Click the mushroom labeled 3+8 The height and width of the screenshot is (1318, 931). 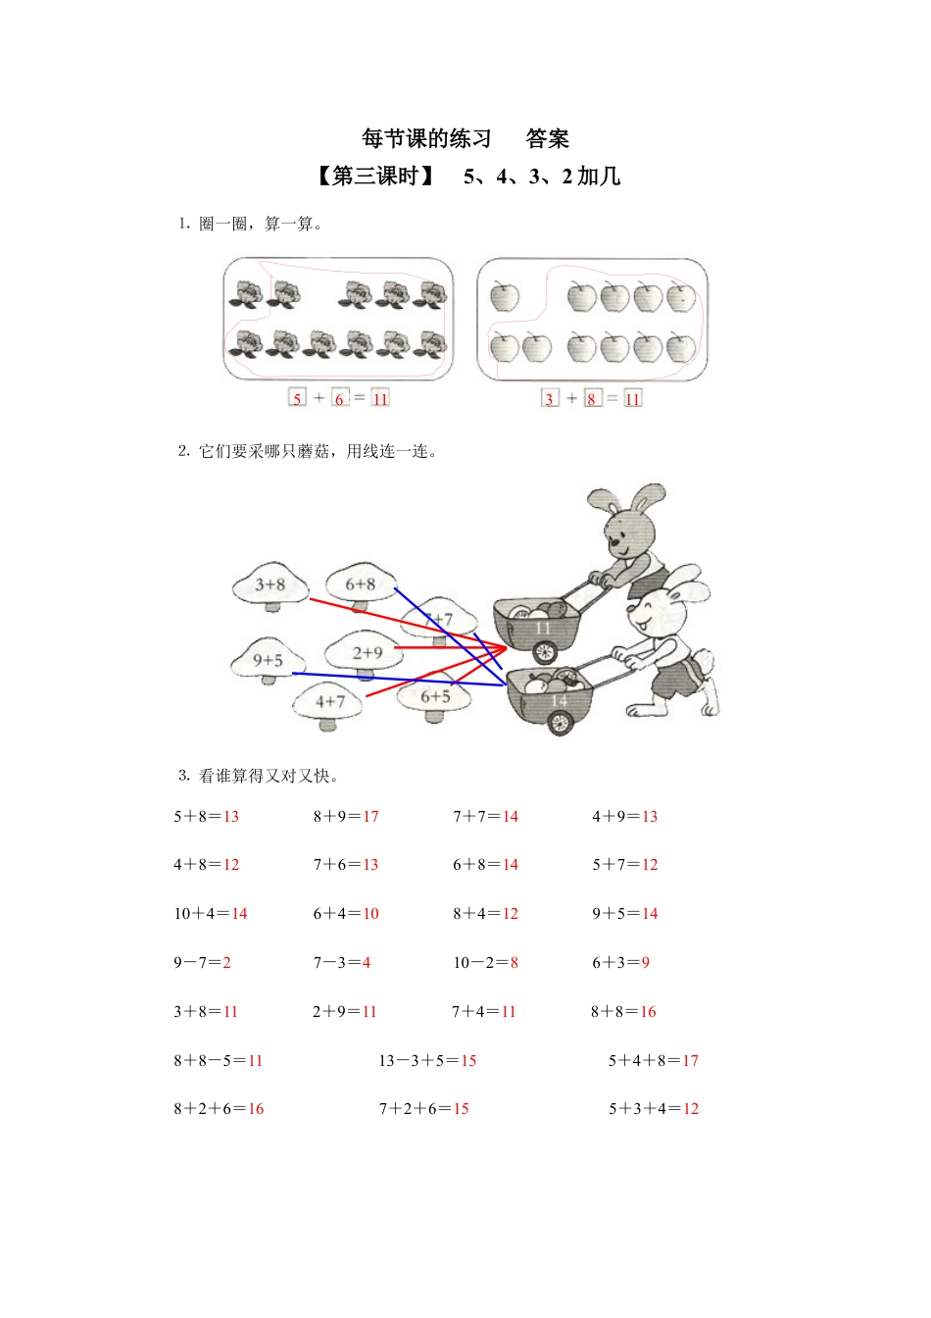(269, 585)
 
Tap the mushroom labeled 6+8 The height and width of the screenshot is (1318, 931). (361, 584)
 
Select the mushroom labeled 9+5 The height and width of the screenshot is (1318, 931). (268, 661)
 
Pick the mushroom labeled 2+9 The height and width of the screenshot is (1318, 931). (367, 653)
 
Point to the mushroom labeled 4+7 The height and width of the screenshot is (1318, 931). (330, 702)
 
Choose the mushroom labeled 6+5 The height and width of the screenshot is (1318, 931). (435, 697)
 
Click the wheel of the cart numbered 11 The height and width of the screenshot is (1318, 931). (544, 650)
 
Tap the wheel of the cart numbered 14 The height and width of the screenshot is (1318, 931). (559, 723)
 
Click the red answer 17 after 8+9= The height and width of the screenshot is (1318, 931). (370, 816)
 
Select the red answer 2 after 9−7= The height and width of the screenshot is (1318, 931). (226, 963)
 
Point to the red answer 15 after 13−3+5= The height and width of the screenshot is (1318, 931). (468, 1060)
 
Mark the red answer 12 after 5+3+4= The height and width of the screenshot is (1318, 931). (691, 1109)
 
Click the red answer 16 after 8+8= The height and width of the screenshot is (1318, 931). (648, 1012)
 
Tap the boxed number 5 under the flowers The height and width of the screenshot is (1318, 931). (297, 398)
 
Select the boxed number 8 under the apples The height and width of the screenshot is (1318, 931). (591, 398)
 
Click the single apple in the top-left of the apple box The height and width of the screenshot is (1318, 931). (505, 296)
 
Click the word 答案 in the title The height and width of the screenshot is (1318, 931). (547, 139)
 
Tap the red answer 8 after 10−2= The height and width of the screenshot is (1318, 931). (514, 963)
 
